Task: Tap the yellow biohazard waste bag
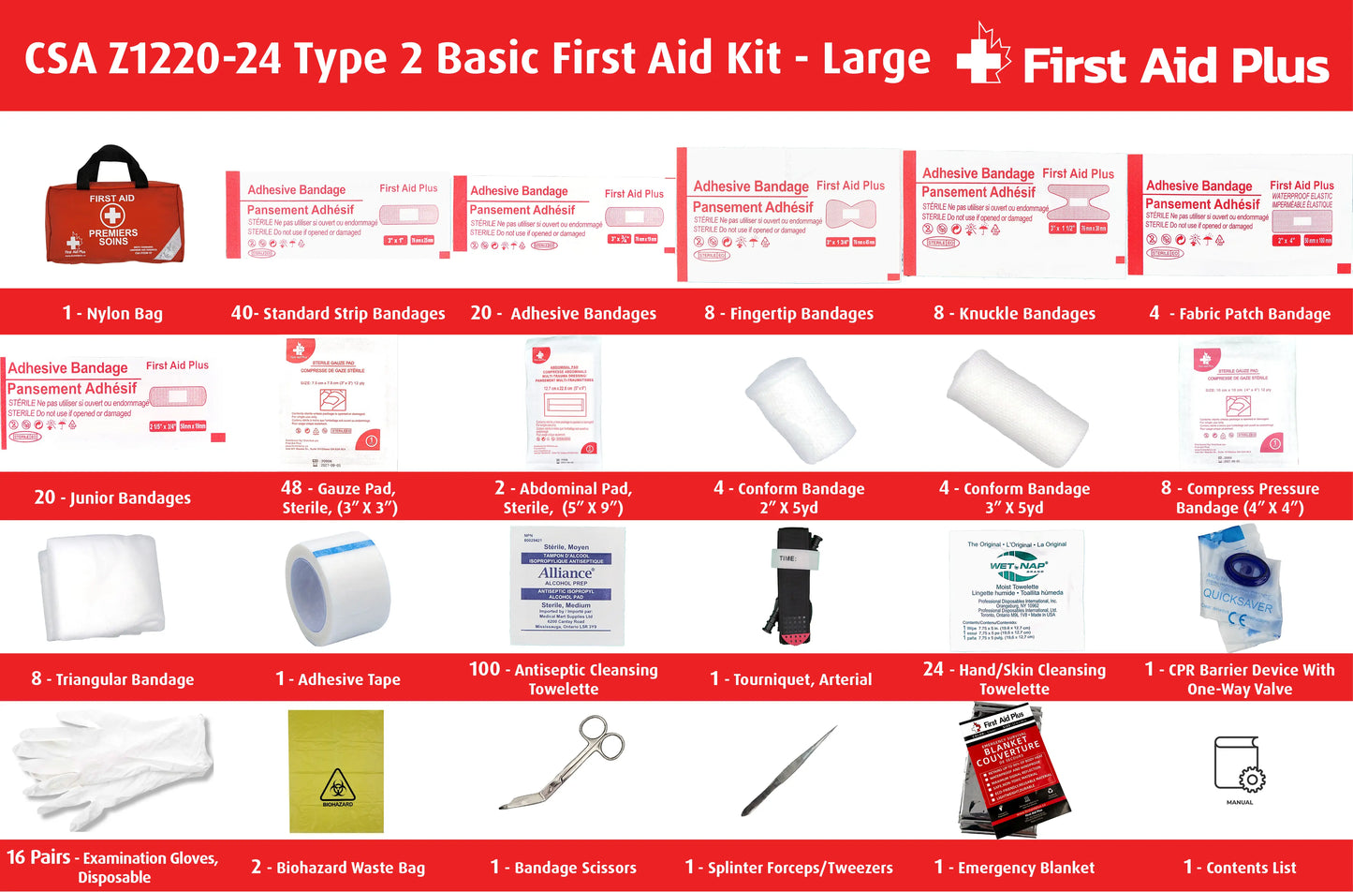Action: click(x=336, y=770)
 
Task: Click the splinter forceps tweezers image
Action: click(x=788, y=770)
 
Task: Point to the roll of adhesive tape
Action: click(x=337, y=587)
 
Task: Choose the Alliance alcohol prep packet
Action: click(x=566, y=586)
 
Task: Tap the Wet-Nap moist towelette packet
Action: click(x=1015, y=589)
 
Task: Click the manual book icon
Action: click(x=1239, y=765)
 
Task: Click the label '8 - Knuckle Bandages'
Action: click(x=1014, y=313)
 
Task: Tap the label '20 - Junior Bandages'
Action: click(x=112, y=498)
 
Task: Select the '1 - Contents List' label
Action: click(x=1239, y=868)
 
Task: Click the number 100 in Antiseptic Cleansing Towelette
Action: click(x=484, y=669)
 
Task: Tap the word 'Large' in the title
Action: click(x=875, y=59)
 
